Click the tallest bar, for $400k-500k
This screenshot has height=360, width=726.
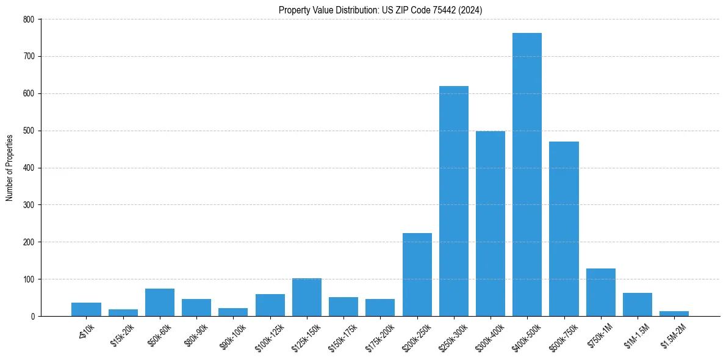coord(527,175)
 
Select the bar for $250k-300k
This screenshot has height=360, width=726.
coord(454,201)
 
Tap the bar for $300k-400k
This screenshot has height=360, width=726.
coord(491,224)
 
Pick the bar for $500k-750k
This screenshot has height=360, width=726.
coord(564,229)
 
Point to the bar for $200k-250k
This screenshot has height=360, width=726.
coord(417,275)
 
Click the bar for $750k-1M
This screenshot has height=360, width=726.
coord(600,292)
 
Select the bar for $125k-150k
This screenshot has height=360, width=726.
coord(307,297)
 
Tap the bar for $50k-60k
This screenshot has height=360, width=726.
coord(160,303)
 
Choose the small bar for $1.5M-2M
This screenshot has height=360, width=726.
coord(674,314)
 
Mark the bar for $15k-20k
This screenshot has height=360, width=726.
coord(123,313)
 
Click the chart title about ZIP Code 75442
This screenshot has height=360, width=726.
coord(381,10)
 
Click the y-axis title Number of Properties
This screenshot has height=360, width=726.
coord(10,168)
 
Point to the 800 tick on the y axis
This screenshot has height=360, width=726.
coord(29,20)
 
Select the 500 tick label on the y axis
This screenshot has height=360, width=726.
coord(29,131)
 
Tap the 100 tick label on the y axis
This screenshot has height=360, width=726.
coord(29,279)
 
